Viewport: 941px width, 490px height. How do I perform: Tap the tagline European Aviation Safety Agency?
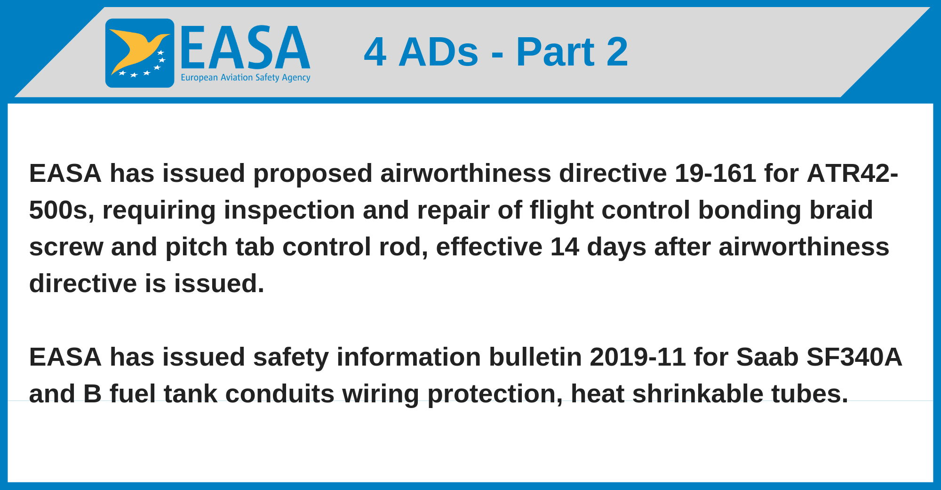[246, 77]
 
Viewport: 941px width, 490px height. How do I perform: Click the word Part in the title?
[555, 52]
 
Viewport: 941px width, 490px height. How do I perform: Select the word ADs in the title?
[439, 52]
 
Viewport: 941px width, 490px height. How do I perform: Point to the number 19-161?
[715, 173]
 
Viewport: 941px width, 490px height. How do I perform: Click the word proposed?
[312, 174]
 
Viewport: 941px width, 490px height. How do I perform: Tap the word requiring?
[159, 211]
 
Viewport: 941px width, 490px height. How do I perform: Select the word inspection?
[289, 211]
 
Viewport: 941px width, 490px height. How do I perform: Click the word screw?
[66, 247]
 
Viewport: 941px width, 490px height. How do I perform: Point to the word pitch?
[196, 247]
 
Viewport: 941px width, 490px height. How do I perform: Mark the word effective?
[489, 246]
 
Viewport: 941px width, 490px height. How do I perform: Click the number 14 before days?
[565, 246]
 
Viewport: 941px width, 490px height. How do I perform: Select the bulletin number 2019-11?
[638, 357]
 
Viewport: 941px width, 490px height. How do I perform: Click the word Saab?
[767, 357]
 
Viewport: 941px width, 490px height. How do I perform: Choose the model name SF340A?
[854, 357]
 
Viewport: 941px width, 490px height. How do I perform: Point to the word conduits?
[280, 393]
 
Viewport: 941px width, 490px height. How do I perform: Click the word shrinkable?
[697, 393]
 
